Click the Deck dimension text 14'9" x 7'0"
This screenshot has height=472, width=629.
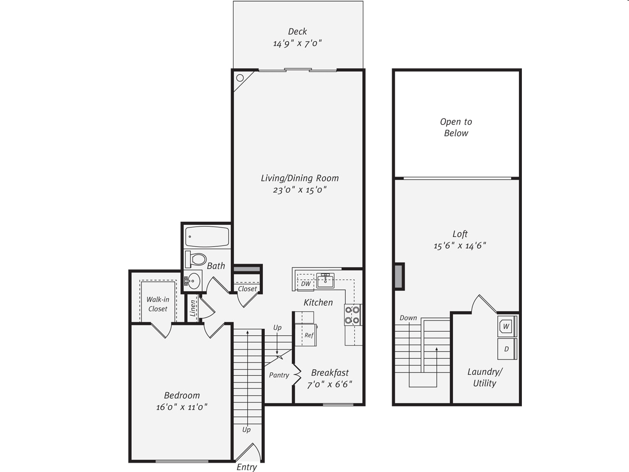[x=297, y=43]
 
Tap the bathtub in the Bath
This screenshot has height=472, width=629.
[x=207, y=237]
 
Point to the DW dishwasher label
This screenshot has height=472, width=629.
[x=306, y=284]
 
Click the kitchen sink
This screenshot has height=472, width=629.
[x=325, y=281]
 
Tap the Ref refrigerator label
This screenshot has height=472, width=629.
[x=309, y=335]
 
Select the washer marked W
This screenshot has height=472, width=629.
[x=506, y=326]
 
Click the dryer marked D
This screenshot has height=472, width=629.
[x=506, y=349]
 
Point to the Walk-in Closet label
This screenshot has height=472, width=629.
[x=158, y=304]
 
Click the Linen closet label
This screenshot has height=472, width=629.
[x=193, y=308]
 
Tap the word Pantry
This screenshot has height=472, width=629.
[x=279, y=375]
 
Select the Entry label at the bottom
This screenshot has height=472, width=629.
[x=247, y=467]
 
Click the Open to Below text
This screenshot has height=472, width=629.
[x=456, y=127]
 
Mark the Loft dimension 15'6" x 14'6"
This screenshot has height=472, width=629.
[x=459, y=246]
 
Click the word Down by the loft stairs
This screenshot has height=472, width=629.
[x=408, y=318]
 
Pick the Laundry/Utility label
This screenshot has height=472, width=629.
[x=485, y=378]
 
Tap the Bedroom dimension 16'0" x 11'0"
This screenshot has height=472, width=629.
[x=182, y=407]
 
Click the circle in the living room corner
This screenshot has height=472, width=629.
[x=240, y=78]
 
